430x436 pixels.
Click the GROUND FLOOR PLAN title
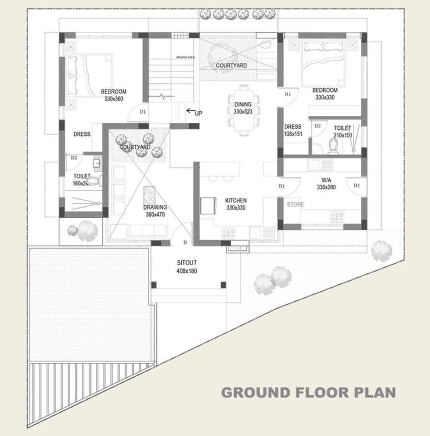click(308, 392)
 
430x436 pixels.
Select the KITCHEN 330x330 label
click(236, 204)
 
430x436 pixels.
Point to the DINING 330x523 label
click(243, 108)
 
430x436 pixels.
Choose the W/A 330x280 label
click(326, 183)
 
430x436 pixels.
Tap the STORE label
click(295, 205)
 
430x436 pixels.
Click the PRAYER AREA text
click(185, 57)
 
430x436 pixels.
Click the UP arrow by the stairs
click(191, 110)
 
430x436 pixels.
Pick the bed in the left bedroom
click(88, 75)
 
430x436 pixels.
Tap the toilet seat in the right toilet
click(333, 146)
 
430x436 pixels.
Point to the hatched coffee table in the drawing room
click(149, 196)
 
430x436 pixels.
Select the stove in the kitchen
click(228, 233)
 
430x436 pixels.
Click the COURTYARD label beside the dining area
click(231, 65)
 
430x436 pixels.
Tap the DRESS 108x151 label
click(293, 130)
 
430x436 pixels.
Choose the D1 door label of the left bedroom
click(143, 112)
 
